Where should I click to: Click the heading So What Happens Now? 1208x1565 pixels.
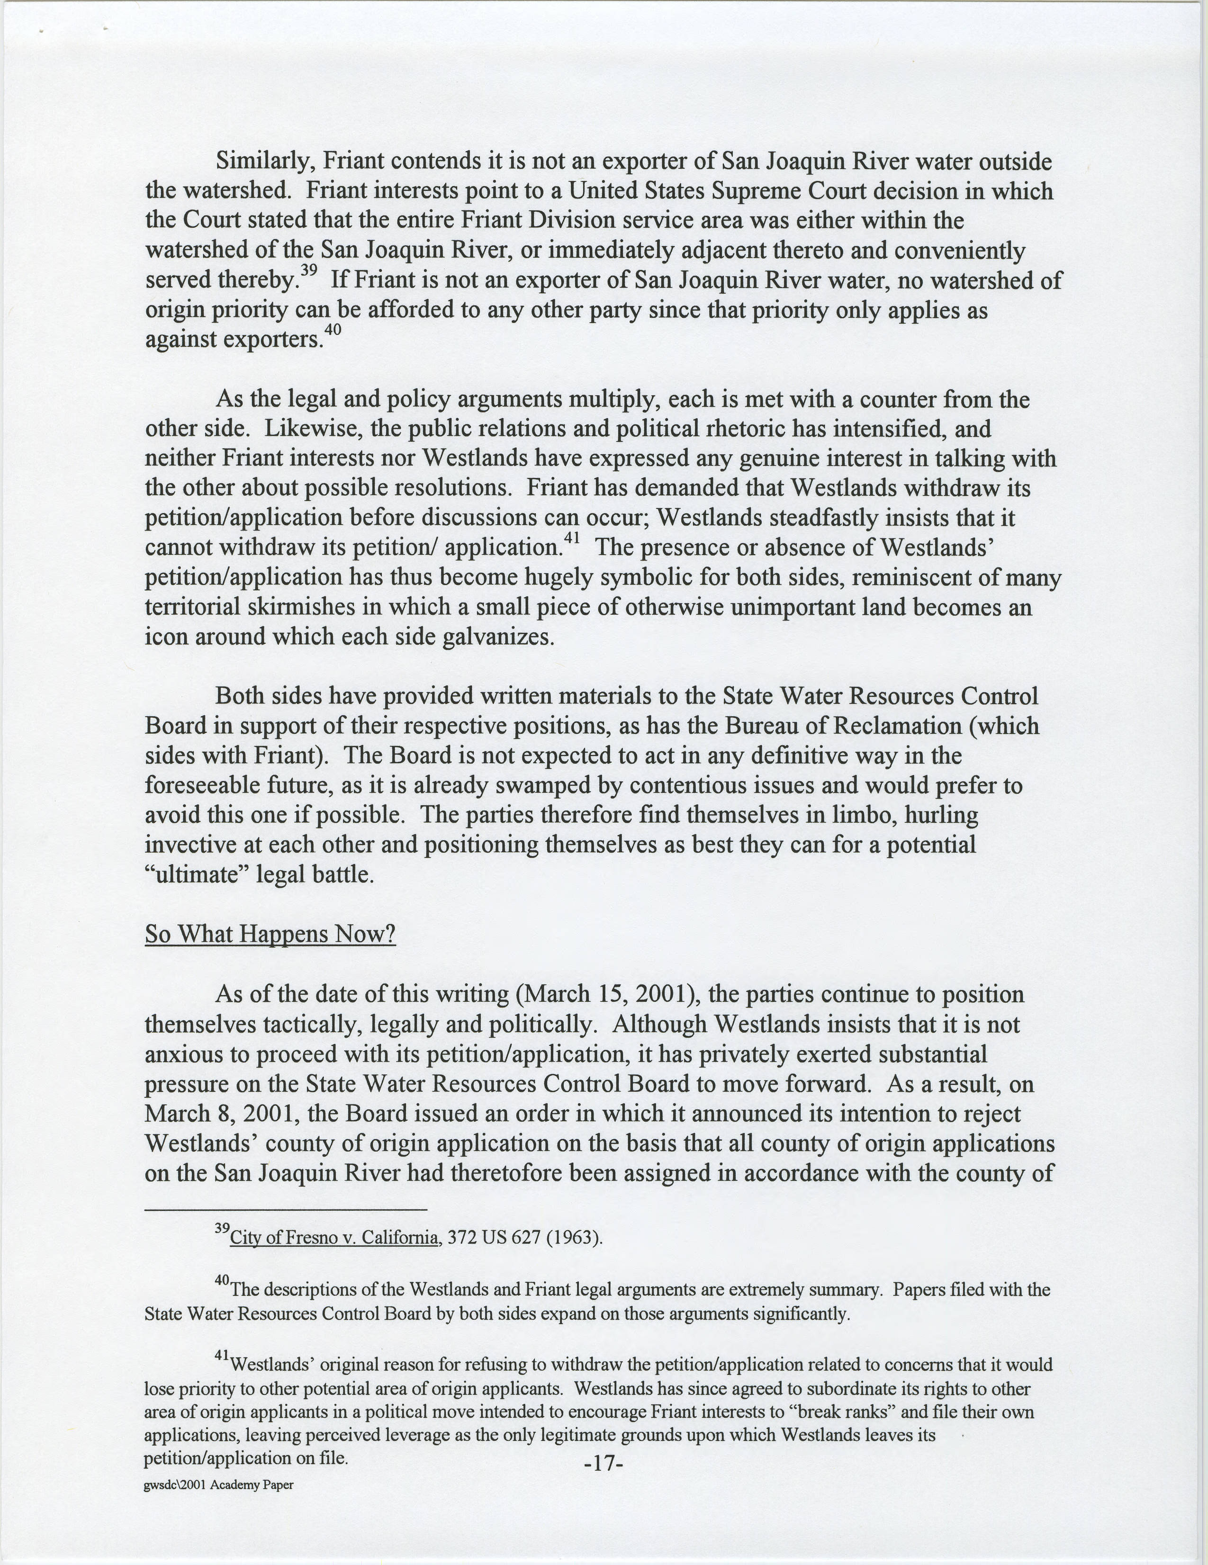(x=270, y=935)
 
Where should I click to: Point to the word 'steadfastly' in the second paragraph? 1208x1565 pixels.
(x=804, y=517)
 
